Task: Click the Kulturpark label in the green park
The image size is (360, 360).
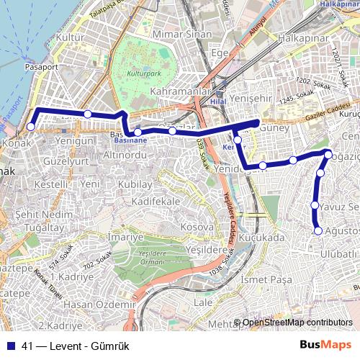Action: click(142, 75)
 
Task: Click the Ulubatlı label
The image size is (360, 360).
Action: click(339, 253)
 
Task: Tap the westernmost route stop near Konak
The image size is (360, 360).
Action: click(30, 127)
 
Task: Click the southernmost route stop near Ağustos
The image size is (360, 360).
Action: click(318, 230)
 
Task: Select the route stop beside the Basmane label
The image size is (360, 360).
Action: click(138, 132)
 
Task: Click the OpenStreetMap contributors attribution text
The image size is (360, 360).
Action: click(297, 323)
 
